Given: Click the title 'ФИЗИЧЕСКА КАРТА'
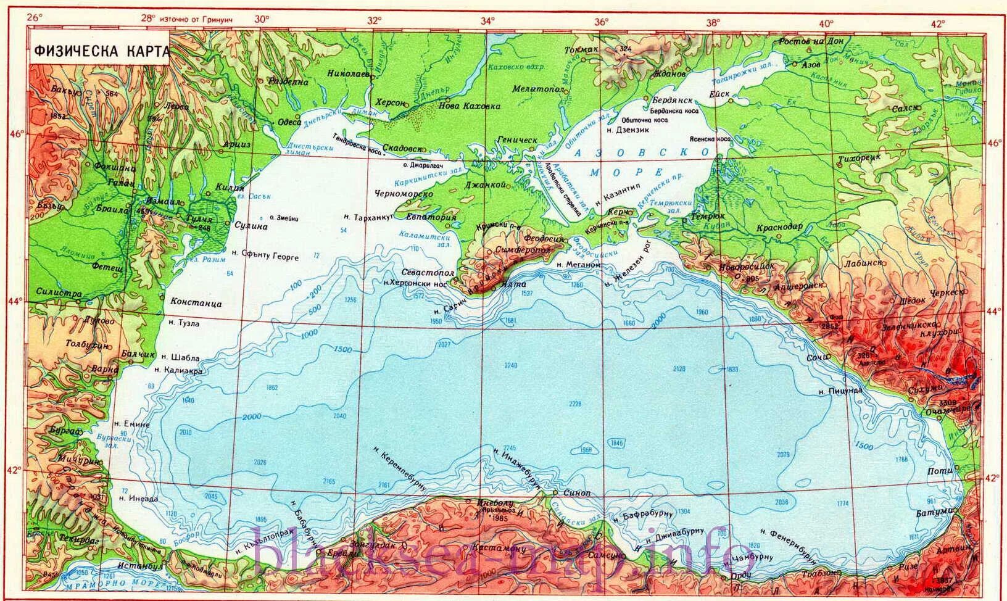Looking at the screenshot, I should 101,52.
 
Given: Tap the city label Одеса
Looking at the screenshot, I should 289,122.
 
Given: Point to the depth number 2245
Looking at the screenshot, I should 509,447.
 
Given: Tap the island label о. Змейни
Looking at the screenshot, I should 284,217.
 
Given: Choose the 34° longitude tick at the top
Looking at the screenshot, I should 487,21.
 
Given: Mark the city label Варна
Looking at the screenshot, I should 105,369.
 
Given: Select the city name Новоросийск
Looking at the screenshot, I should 747,266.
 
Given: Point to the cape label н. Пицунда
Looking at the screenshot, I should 839,391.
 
